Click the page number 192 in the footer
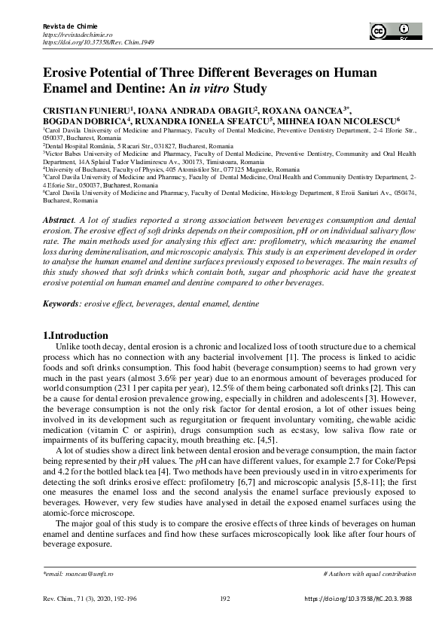(224, 599)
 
